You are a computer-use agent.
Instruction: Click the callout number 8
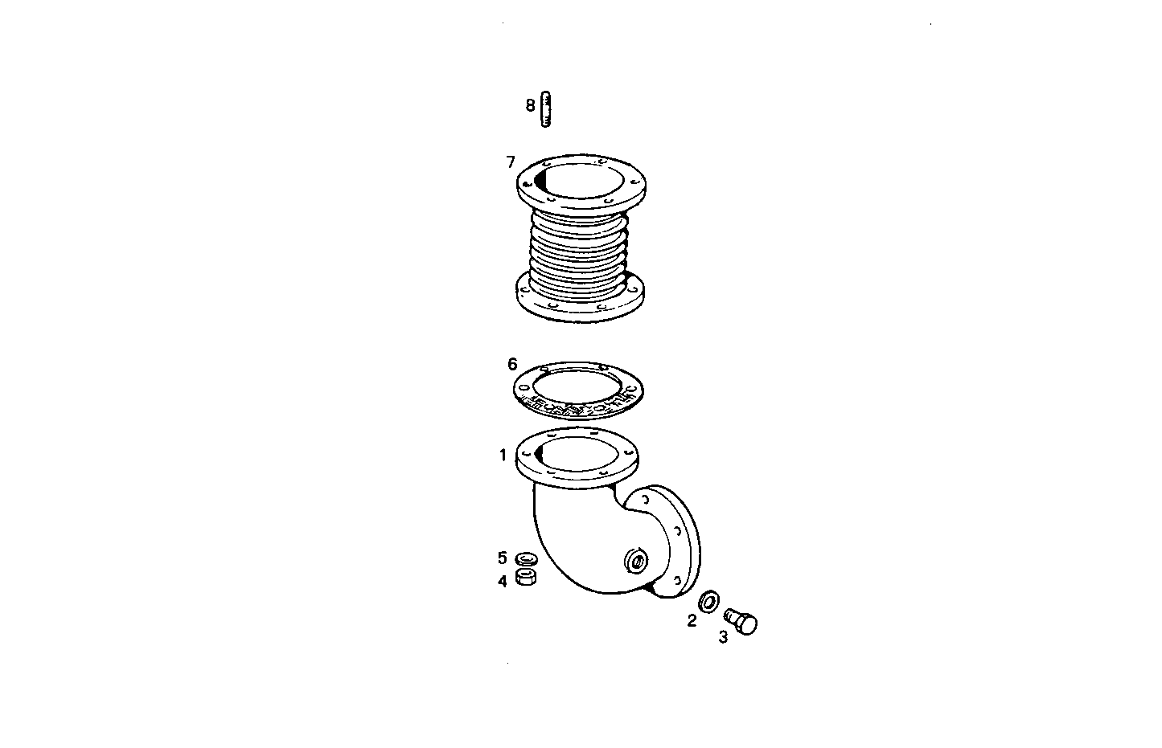pyautogui.click(x=530, y=105)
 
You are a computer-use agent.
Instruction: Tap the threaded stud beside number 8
pyautogui.click(x=546, y=110)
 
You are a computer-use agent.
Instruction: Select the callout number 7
pyautogui.click(x=511, y=162)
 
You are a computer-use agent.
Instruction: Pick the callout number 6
pyautogui.click(x=512, y=364)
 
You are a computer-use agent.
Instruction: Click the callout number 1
pyautogui.click(x=503, y=456)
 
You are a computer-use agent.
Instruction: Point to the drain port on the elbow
pyautogui.click(x=636, y=561)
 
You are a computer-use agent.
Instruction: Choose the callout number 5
pyautogui.click(x=503, y=558)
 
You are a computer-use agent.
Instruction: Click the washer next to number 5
pyautogui.click(x=526, y=558)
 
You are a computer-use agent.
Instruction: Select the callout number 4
pyautogui.click(x=503, y=581)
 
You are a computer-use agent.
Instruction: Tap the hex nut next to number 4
pyautogui.click(x=526, y=578)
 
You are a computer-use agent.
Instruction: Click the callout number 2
pyautogui.click(x=692, y=620)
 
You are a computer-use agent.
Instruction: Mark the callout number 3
pyautogui.click(x=723, y=637)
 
